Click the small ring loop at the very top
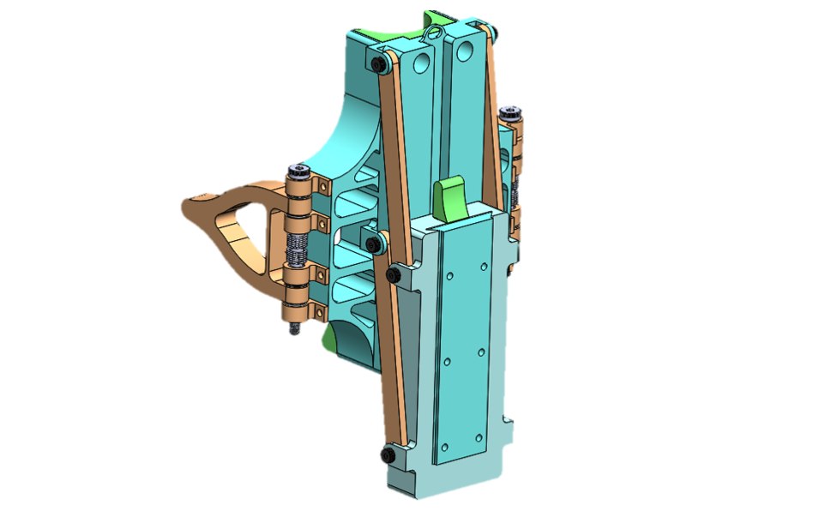click(x=434, y=33)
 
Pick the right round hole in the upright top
click(x=464, y=54)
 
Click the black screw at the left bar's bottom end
click(x=386, y=453)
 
